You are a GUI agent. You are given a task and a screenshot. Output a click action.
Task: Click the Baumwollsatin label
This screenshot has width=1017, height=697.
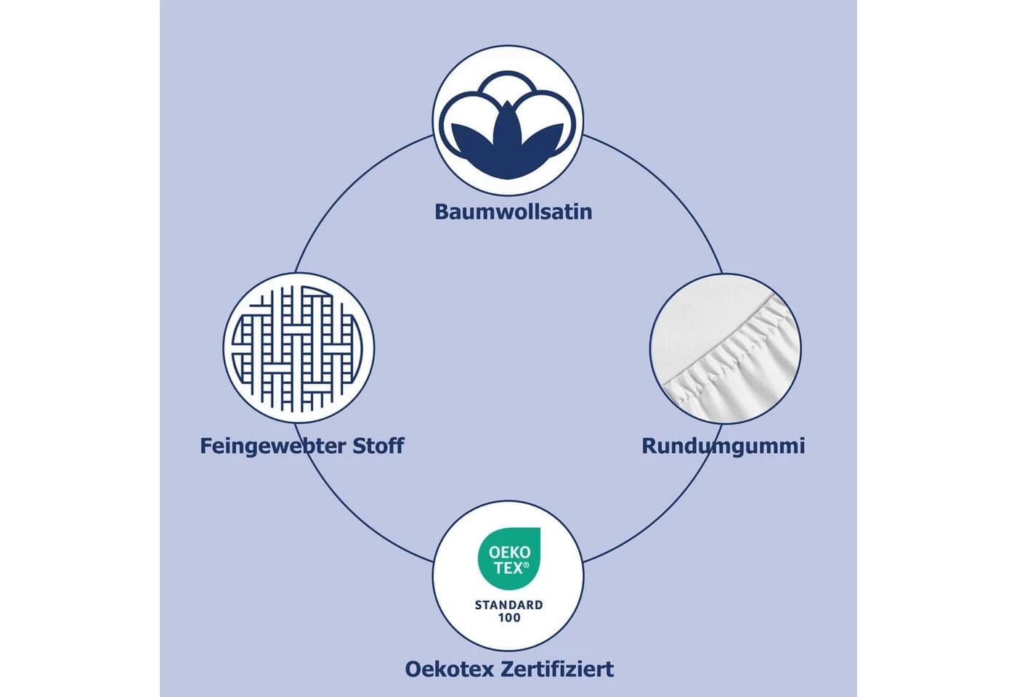click(x=514, y=212)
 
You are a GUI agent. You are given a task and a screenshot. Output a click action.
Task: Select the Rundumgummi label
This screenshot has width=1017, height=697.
click(x=724, y=447)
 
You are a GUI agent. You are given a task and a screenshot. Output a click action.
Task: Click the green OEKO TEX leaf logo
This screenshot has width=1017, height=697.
click(x=509, y=558)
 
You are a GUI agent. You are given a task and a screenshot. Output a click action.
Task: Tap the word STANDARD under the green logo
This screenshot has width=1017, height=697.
click(x=509, y=605)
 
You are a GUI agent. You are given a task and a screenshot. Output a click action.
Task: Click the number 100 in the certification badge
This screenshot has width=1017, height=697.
click(x=509, y=618)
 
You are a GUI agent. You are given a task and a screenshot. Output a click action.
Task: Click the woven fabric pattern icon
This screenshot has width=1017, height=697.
click(x=299, y=348)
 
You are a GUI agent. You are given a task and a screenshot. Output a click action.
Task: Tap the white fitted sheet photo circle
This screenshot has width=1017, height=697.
click(x=726, y=348)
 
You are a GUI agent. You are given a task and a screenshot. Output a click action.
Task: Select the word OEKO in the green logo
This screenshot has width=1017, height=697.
click(x=509, y=552)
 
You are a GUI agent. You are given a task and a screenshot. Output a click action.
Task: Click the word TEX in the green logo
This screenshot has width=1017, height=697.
click(x=508, y=568)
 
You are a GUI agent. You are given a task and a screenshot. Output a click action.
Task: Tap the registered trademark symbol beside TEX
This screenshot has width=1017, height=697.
click(x=526, y=565)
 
